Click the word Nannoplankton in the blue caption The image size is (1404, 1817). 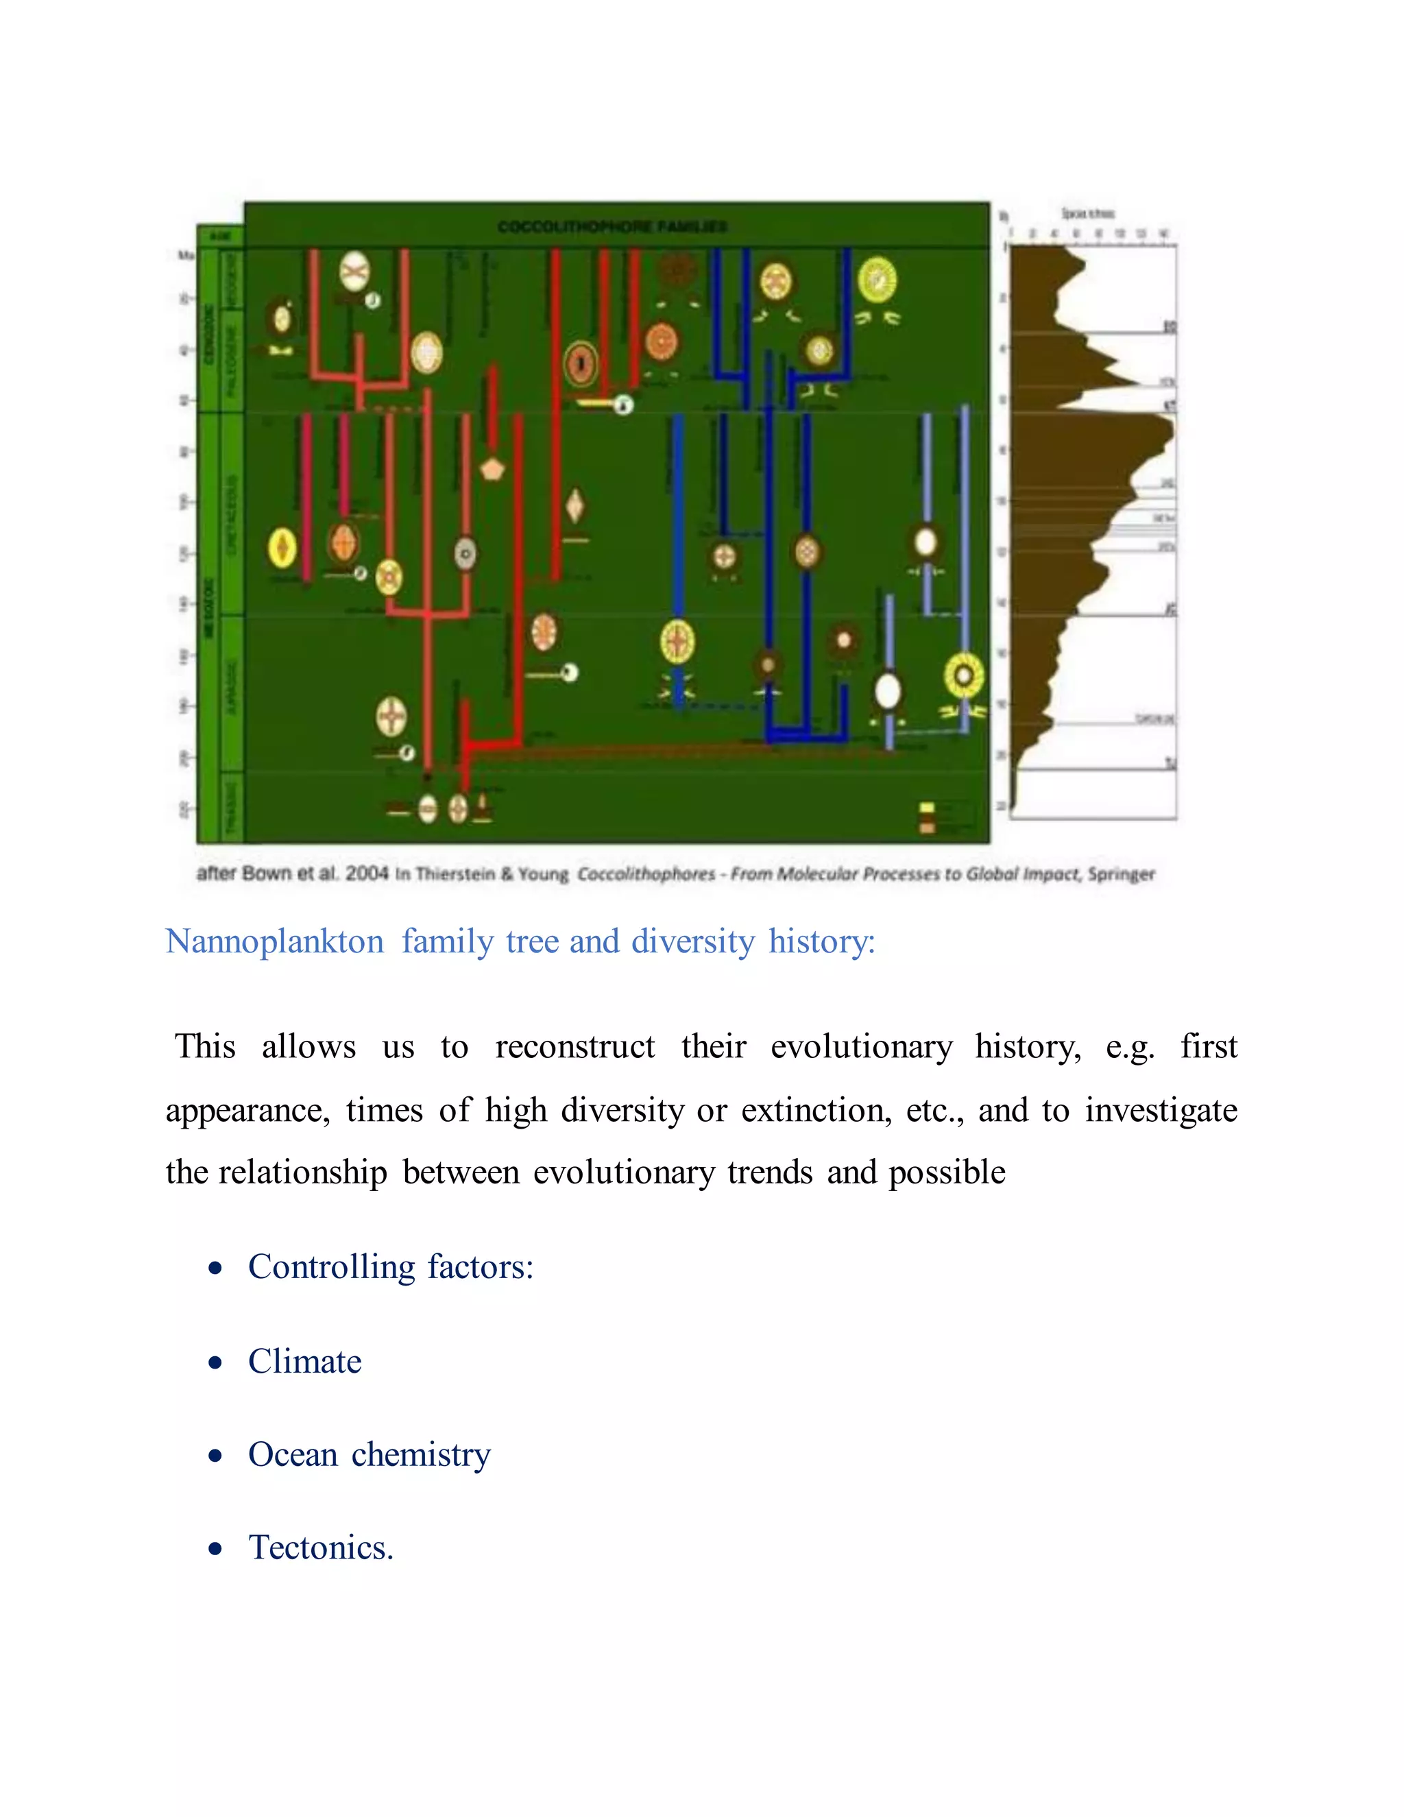274,942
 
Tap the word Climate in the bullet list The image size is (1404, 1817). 304,1362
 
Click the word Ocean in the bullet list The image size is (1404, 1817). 293,1455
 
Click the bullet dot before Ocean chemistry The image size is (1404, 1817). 216,1456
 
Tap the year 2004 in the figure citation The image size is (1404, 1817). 367,874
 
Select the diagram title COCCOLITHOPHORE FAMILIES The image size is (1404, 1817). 612,226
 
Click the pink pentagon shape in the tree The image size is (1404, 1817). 492,469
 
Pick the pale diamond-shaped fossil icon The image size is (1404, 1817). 574,505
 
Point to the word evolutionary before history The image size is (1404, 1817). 862,1046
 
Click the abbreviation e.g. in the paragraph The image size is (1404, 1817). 1130,1046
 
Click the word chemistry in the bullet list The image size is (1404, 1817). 421,1455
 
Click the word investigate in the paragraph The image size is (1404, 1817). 1161,1111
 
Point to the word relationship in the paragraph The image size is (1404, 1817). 303,1173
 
